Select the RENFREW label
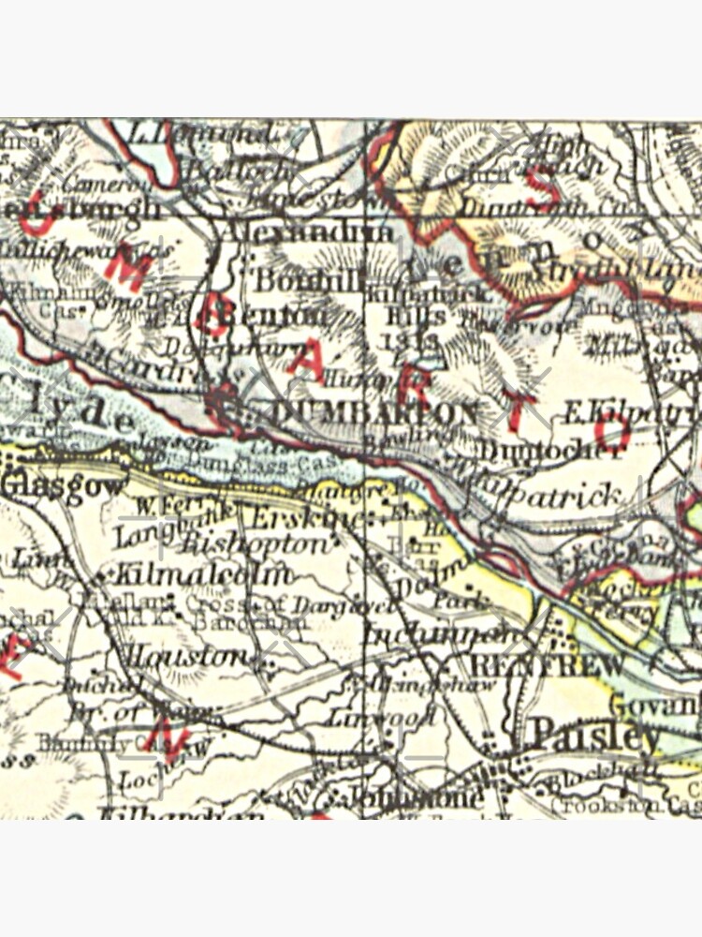coord(547,666)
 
